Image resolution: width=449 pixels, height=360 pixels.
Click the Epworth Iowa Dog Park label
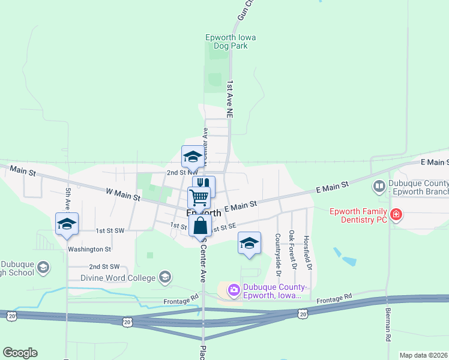click(231, 41)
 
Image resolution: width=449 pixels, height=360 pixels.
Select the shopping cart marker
click(199, 196)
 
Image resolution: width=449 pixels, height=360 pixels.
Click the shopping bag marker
click(200, 226)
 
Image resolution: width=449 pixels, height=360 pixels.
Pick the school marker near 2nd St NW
click(193, 157)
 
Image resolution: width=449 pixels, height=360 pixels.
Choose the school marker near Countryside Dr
click(249, 243)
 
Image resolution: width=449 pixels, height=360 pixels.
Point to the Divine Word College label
click(112, 277)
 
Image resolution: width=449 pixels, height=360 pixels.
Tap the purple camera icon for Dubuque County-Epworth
click(234, 291)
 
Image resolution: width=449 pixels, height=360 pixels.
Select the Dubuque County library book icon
click(379, 187)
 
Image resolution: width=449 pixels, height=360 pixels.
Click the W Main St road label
click(122, 196)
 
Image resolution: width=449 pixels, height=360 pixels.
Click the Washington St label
click(89, 249)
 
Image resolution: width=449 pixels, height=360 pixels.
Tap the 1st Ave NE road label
click(229, 97)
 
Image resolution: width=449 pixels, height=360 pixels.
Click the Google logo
click(20, 353)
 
